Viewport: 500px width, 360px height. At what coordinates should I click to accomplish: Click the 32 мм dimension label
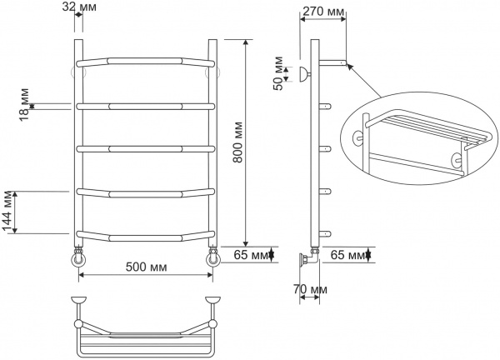(x=78, y=7)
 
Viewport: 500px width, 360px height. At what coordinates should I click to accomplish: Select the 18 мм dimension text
(x=24, y=103)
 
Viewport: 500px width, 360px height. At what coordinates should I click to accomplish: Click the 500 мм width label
(x=146, y=267)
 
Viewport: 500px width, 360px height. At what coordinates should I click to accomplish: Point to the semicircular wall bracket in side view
(x=304, y=77)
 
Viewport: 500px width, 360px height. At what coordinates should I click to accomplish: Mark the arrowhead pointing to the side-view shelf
(x=349, y=66)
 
